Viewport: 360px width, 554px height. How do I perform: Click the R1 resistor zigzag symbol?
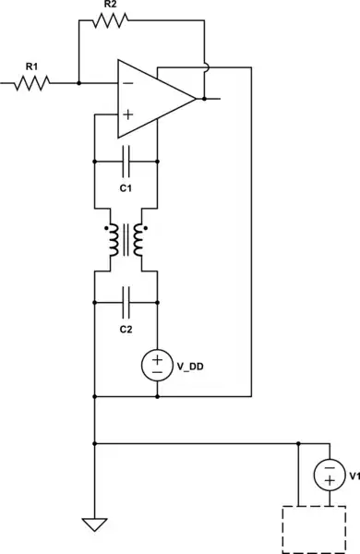(x=31, y=83)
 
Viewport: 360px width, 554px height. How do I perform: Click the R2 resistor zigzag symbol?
(x=110, y=20)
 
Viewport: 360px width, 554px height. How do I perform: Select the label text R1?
(x=31, y=65)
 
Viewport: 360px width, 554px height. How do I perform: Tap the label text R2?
(x=110, y=5)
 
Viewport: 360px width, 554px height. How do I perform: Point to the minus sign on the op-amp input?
(x=126, y=83)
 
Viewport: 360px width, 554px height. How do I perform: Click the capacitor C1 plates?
(x=126, y=161)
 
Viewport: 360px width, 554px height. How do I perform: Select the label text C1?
(x=126, y=187)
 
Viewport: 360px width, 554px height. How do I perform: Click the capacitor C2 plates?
(x=126, y=301)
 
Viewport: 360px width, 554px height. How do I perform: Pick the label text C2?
(x=126, y=329)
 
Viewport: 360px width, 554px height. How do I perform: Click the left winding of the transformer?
(x=111, y=241)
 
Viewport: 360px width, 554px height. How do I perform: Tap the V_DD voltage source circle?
(x=158, y=365)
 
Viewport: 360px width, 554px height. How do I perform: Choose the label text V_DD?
(x=190, y=366)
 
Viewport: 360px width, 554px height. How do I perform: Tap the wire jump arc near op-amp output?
(x=204, y=67)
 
